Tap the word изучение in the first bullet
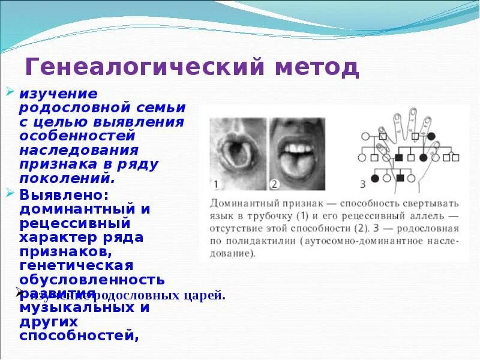tap(58, 95)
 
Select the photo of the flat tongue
tap(296, 154)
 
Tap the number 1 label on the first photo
tap(216, 184)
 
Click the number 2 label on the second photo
tap(274, 184)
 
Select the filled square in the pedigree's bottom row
tap(400, 178)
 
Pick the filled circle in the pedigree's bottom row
tap(374, 178)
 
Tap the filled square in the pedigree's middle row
tap(399, 158)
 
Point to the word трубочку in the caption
tap(277, 215)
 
